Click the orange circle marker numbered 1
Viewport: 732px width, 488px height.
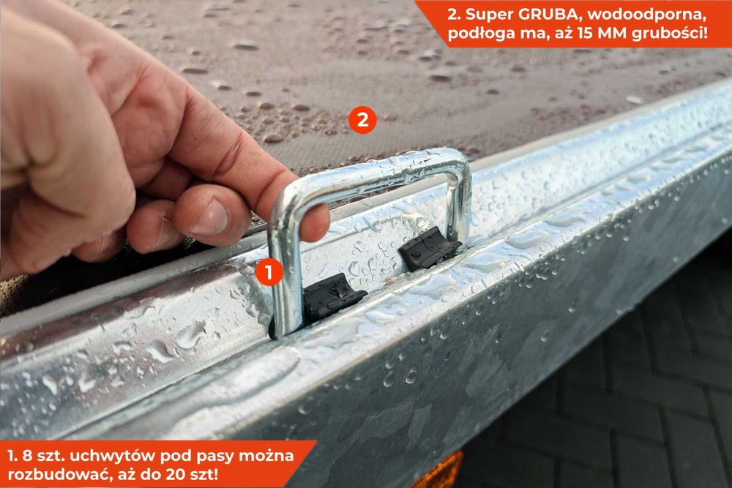269,272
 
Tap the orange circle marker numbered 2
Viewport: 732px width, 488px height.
362,120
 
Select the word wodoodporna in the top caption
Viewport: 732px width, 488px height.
646,15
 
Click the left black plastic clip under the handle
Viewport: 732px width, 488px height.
334,296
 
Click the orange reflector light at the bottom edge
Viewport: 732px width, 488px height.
438,473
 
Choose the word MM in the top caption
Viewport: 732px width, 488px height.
612,34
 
